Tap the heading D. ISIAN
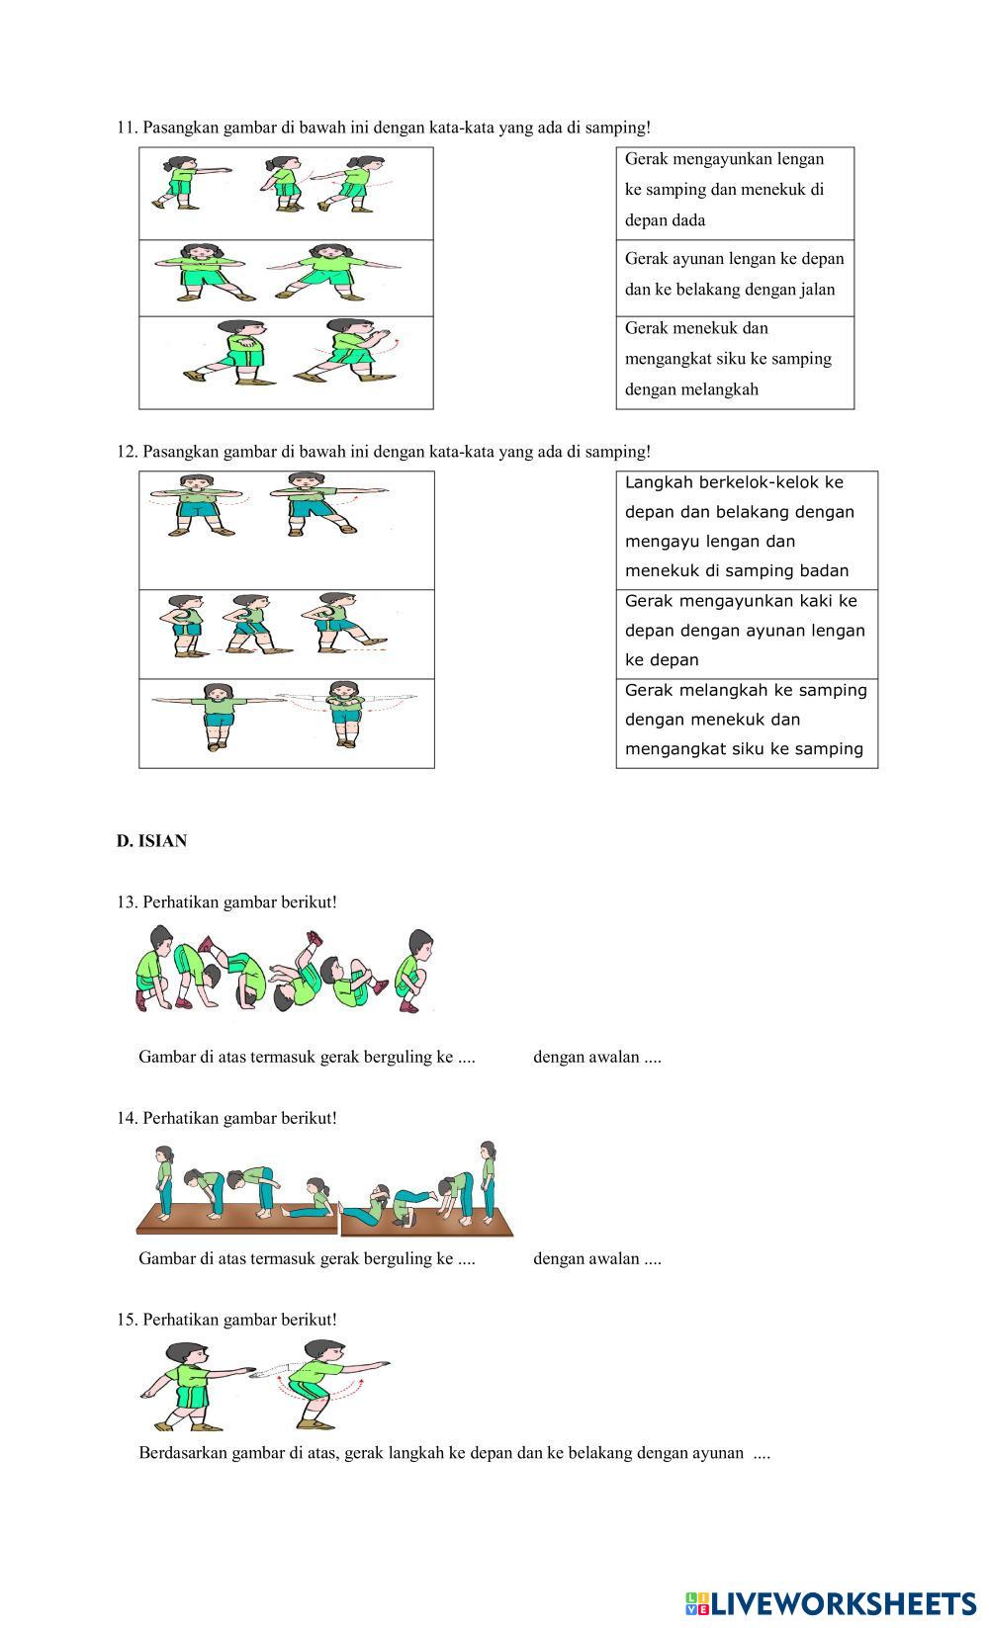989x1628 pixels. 151,841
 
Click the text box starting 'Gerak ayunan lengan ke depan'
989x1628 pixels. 735,275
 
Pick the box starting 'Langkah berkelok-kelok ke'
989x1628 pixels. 747,527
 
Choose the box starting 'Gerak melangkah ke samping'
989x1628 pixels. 747,720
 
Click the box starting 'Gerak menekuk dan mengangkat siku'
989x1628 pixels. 735,359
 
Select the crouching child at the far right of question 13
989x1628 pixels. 413,971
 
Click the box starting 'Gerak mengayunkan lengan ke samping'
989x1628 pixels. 735,190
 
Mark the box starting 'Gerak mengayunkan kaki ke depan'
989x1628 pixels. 747,631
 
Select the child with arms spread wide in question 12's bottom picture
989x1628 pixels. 218,717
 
